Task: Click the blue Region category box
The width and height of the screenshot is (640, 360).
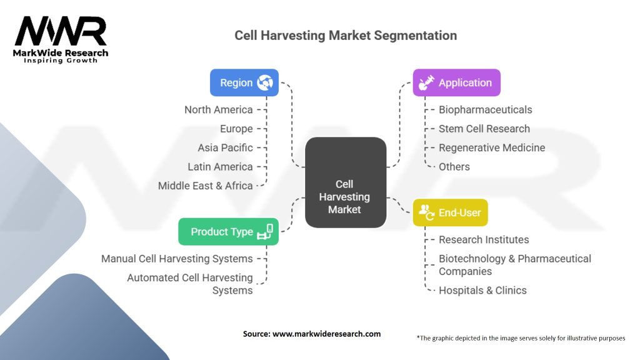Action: (x=244, y=82)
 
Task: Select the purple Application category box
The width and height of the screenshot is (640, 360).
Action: (x=456, y=82)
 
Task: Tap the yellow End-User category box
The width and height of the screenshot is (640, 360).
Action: (x=450, y=212)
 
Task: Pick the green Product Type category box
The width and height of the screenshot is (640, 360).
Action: (x=228, y=231)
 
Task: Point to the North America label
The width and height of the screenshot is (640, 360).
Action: (x=218, y=109)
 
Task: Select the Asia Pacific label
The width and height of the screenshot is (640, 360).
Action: (x=225, y=147)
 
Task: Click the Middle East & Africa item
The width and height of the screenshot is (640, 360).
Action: (x=205, y=186)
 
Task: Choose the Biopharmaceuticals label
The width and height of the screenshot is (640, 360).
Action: (x=485, y=109)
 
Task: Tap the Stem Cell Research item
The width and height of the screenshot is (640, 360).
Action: (x=484, y=129)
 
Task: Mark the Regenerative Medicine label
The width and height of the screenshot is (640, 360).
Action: (x=491, y=147)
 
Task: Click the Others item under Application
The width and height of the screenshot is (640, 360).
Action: (x=454, y=167)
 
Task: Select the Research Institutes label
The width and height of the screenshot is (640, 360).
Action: (x=483, y=239)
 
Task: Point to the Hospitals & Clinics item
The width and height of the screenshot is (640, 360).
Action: (x=482, y=290)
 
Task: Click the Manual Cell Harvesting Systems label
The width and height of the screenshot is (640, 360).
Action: (x=177, y=258)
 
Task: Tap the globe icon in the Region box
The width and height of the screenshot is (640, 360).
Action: (x=265, y=82)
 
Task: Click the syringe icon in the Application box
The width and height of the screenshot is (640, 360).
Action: (x=427, y=82)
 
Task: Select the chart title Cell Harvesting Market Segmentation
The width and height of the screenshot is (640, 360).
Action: (x=345, y=35)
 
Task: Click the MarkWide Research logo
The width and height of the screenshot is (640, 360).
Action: (x=61, y=39)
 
